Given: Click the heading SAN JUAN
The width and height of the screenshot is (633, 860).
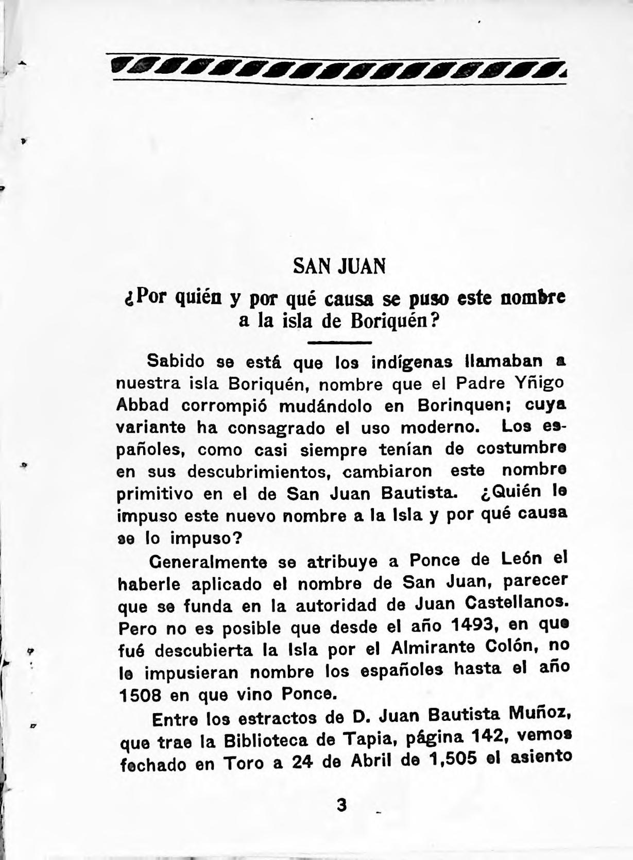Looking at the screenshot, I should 339,266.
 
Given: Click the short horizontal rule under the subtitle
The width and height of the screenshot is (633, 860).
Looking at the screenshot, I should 339,343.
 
